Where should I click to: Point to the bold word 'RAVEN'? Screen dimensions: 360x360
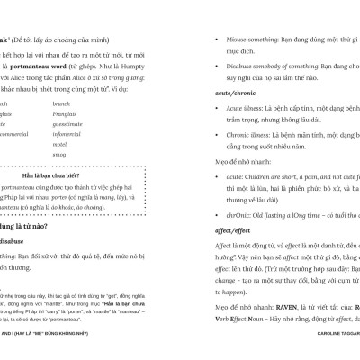274,307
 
